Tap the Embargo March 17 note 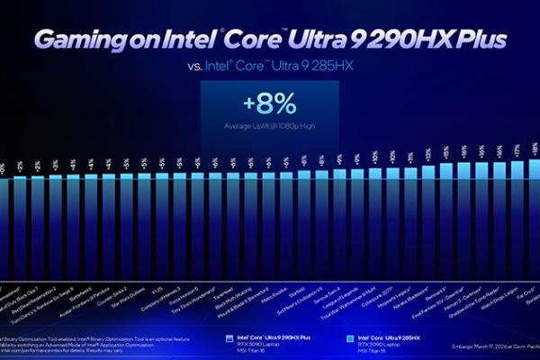(x=486, y=345)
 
